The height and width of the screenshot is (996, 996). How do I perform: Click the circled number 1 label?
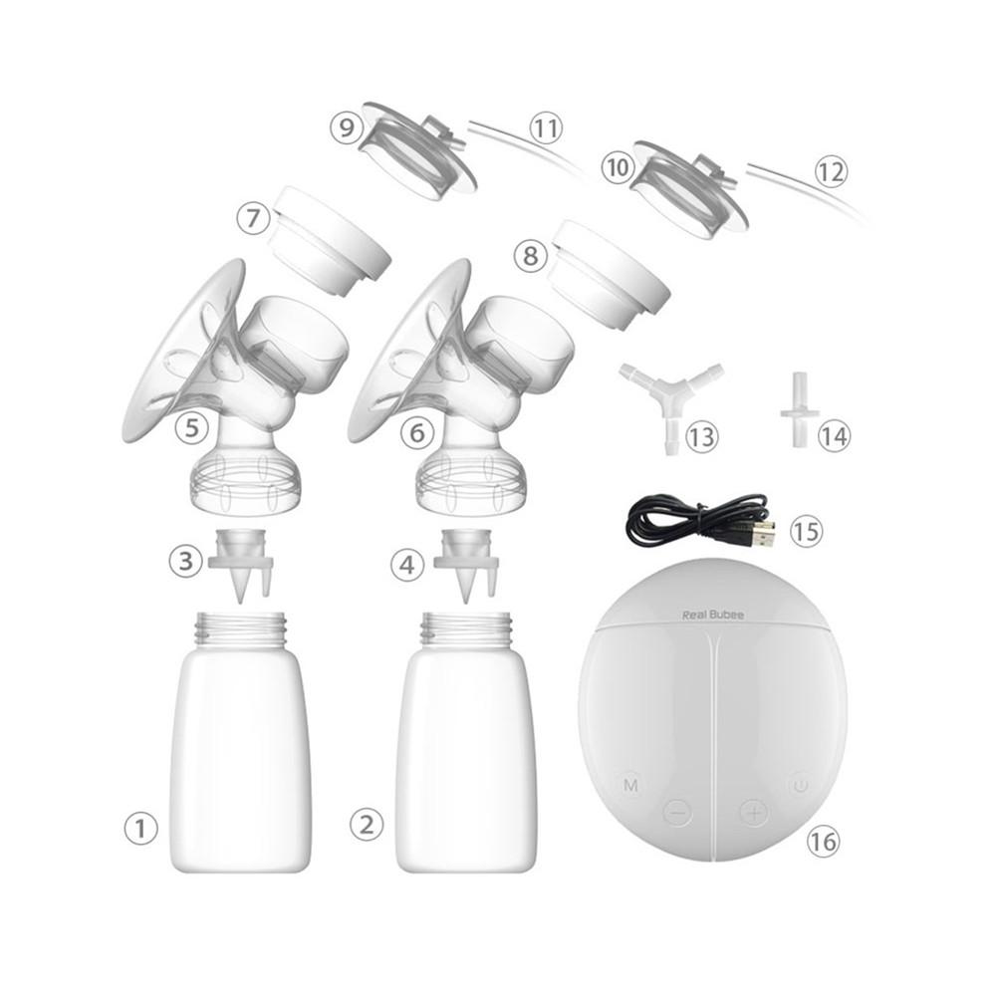(x=140, y=827)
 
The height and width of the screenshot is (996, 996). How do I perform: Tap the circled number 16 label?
(x=822, y=842)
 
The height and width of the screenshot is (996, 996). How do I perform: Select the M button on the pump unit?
(x=630, y=786)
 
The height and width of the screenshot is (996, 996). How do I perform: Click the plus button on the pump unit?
(x=754, y=813)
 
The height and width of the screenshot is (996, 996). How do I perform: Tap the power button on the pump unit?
(x=798, y=786)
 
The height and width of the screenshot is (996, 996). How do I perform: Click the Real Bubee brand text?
(x=712, y=616)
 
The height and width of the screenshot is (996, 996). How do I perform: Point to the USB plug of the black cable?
(x=761, y=534)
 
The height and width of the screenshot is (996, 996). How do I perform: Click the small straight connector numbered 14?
(x=798, y=403)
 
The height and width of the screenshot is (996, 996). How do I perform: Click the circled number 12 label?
(x=830, y=171)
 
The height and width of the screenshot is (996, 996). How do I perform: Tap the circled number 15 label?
(x=806, y=531)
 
